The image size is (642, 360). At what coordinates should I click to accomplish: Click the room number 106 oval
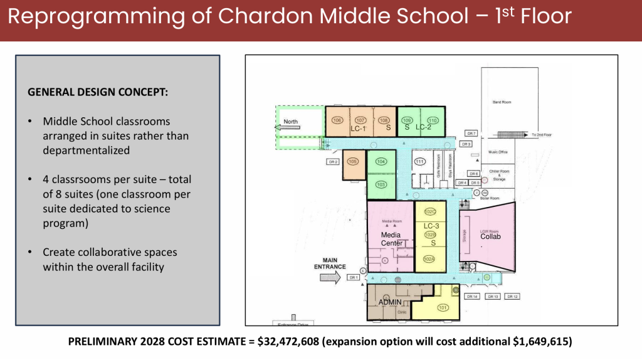point(337,120)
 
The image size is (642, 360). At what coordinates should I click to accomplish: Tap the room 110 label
point(432,120)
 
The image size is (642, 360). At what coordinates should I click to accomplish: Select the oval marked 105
point(353,162)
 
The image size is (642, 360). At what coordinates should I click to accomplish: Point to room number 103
point(381,184)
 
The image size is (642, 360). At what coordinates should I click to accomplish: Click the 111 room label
point(420,162)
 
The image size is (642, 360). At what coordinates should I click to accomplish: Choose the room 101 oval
point(443,307)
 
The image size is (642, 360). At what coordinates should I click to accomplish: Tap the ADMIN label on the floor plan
point(389,302)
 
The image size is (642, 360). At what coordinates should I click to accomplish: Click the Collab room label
point(490,236)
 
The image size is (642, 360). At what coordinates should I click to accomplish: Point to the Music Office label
point(498,152)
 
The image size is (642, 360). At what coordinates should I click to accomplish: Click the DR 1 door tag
point(353,277)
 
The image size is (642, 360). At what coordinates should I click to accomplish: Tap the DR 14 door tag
point(472,296)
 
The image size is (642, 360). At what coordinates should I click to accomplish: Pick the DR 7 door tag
point(471,133)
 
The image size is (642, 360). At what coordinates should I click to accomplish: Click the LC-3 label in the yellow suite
point(431,226)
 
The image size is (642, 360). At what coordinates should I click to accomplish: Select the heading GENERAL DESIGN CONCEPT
point(98,92)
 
